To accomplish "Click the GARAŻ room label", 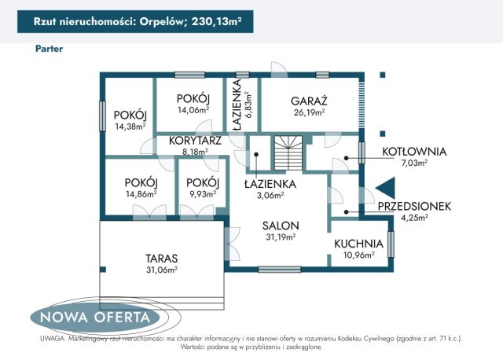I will (309, 101).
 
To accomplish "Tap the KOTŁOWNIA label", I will (414, 152).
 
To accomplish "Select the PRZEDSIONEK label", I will (413, 206).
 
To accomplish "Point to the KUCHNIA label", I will (358, 244).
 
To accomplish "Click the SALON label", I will (281, 225).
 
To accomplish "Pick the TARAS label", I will (162, 258).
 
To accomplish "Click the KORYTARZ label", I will (194, 141).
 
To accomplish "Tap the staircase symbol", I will (288, 152).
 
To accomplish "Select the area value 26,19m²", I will (309, 112).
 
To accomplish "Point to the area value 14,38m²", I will (130, 126).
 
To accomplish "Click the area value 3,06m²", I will (269, 196).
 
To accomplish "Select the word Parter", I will (49, 48).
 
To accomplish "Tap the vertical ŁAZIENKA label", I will (237, 106).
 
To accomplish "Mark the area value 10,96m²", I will (358, 255).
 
